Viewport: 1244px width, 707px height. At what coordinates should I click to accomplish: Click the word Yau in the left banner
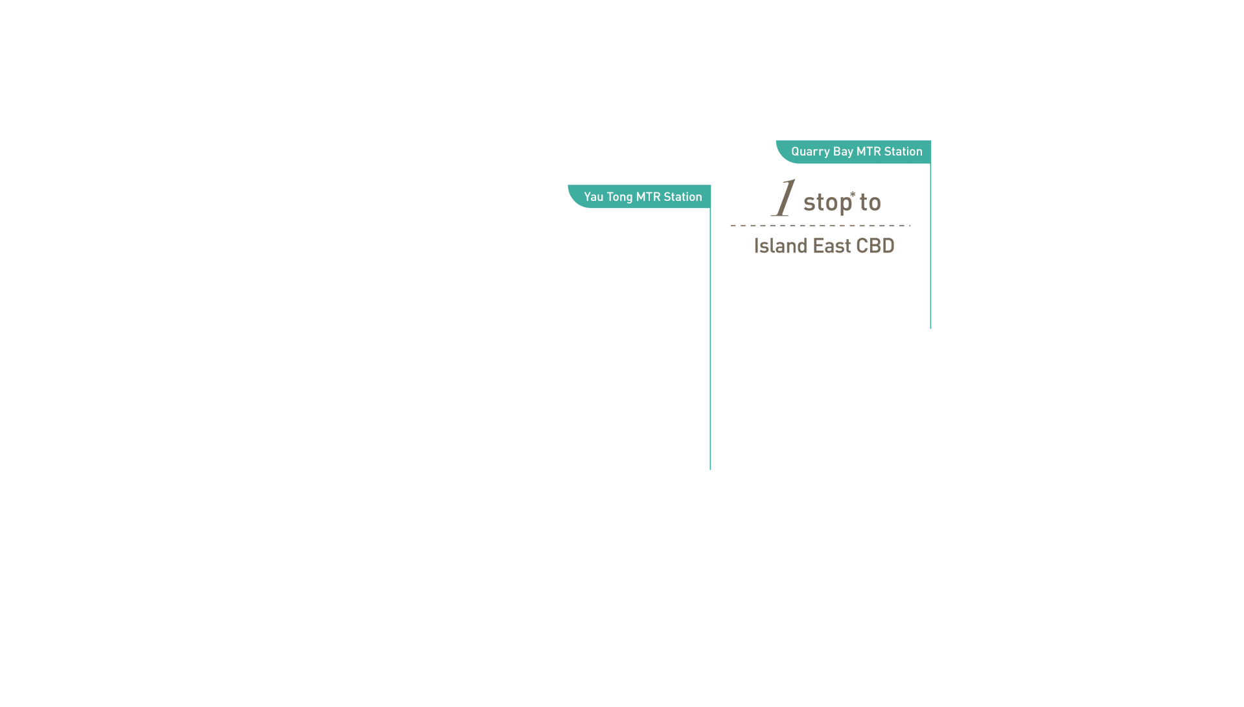coord(593,197)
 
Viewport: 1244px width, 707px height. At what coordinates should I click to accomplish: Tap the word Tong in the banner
coord(619,198)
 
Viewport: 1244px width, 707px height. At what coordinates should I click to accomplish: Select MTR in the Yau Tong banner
coord(648,197)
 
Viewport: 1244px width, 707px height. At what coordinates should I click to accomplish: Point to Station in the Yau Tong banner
coord(683,197)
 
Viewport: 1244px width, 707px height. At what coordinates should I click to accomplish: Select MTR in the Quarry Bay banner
coord(868,152)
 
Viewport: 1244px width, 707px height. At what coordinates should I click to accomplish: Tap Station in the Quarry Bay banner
coord(903,152)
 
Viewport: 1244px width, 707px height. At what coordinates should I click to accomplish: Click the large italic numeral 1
coord(783,198)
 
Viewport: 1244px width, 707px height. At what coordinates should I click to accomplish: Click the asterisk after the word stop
coord(853,194)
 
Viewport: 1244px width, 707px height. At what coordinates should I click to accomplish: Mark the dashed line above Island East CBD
coord(820,226)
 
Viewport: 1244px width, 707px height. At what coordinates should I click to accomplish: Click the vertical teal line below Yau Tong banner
coord(710,339)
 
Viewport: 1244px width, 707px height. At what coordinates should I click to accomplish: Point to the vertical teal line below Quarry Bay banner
coord(930,246)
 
